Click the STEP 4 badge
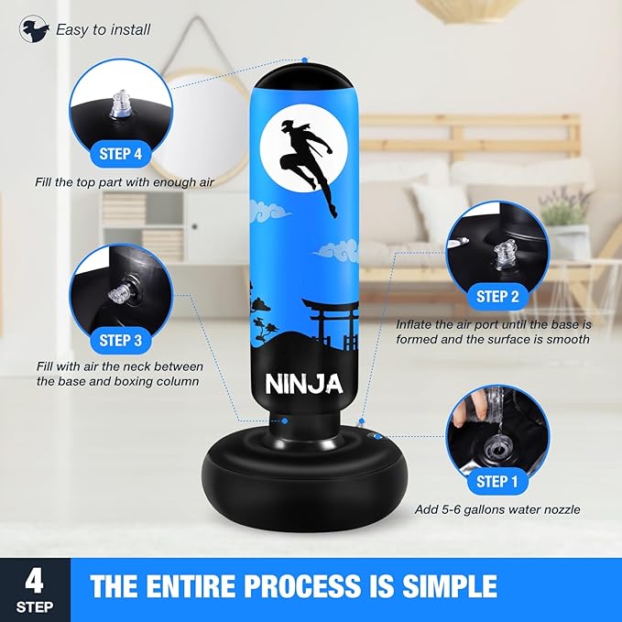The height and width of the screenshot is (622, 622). tap(121, 154)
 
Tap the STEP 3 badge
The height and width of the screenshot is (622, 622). tap(121, 341)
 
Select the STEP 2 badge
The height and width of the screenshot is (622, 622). tap(497, 296)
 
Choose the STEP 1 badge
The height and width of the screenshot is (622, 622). tap(497, 481)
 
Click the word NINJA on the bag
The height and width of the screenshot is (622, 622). tap(304, 384)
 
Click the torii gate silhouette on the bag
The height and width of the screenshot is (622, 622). tap(331, 324)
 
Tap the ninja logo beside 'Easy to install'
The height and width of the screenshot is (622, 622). tap(34, 29)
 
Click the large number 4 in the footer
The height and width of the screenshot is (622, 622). tap(35, 582)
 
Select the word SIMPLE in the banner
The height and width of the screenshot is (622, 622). tap(450, 586)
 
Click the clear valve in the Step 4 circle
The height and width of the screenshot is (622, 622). tap(121, 104)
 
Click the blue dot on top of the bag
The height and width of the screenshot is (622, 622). tap(305, 60)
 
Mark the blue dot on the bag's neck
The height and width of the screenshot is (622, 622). tap(285, 420)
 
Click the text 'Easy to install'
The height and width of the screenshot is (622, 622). tap(104, 29)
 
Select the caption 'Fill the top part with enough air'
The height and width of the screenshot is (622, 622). tap(125, 182)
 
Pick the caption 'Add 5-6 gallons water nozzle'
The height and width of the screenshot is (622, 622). tap(497, 509)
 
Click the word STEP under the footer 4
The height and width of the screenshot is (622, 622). tap(35, 607)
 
